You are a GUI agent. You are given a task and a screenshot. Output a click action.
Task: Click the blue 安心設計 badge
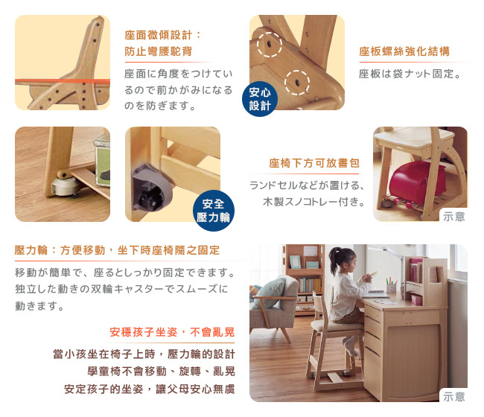tap(260, 99)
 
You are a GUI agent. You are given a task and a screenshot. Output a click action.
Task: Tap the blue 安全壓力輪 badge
tap(213, 211)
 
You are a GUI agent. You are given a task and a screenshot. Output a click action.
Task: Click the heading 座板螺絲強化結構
tap(404, 51)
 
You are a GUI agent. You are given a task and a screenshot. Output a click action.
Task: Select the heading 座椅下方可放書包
tap(314, 163)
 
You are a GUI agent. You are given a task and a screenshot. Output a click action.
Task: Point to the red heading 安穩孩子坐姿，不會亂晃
tap(172, 332)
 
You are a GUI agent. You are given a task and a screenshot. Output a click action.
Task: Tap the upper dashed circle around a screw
tap(270, 45)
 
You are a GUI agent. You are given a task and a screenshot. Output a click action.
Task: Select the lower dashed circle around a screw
tap(297, 83)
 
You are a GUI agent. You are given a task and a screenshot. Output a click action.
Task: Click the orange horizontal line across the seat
tap(63, 81)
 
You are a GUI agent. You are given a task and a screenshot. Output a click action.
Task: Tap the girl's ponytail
tap(334, 261)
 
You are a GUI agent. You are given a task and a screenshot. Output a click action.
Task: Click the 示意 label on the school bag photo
tap(453, 217)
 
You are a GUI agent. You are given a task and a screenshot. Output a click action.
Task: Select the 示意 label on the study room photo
tap(453, 397)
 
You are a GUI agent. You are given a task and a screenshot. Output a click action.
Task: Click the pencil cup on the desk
tap(391, 288)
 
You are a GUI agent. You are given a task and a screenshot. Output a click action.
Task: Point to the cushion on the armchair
tap(268, 293)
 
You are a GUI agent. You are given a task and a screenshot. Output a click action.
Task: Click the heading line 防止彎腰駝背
tap(159, 51)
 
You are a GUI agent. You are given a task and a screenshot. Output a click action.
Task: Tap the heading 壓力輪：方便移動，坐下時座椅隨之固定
tap(117, 250)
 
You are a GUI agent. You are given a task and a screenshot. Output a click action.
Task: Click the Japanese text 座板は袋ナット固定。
tap(410, 74)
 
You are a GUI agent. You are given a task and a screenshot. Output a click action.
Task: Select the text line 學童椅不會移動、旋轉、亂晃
tap(161, 372)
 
